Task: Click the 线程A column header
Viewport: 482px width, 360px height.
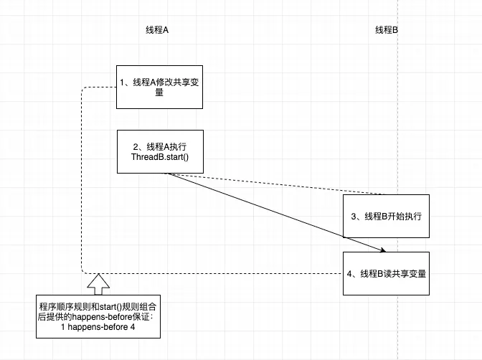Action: tap(157, 30)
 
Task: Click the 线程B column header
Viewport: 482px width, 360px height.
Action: tap(387, 30)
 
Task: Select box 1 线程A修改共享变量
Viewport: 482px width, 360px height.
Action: tap(160, 87)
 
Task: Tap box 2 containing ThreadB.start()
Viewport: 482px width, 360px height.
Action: tap(160, 151)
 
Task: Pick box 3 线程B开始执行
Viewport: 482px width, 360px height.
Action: tap(387, 216)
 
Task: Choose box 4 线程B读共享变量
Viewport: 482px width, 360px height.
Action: tap(387, 273)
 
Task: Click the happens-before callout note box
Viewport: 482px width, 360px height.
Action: tap(98, 316)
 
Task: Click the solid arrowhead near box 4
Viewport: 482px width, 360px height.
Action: tap(384, 250)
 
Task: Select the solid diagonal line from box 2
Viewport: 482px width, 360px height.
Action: tap(273, 212)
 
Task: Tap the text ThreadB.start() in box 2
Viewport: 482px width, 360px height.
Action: tap(160, 157)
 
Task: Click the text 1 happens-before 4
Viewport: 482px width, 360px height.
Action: tap(98, 328)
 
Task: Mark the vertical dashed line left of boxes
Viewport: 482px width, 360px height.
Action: tap(81, 179)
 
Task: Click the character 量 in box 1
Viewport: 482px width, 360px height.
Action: tap(159, 93)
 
